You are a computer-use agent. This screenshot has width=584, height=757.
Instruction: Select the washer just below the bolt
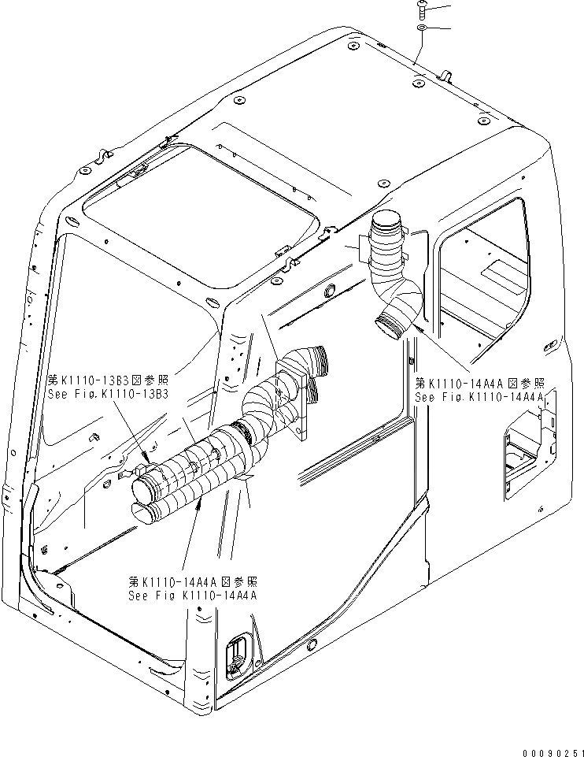pos(422,28)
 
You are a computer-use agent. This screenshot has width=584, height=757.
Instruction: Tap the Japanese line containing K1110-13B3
pos(109,379)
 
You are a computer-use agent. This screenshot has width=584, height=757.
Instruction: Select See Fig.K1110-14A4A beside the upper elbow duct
pos(479,397)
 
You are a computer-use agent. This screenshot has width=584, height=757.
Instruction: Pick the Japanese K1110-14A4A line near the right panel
pos(479,384)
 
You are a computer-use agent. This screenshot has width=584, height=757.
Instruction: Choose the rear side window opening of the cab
pos(484,268)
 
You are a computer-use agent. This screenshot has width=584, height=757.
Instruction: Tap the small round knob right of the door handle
pos(312,644)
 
